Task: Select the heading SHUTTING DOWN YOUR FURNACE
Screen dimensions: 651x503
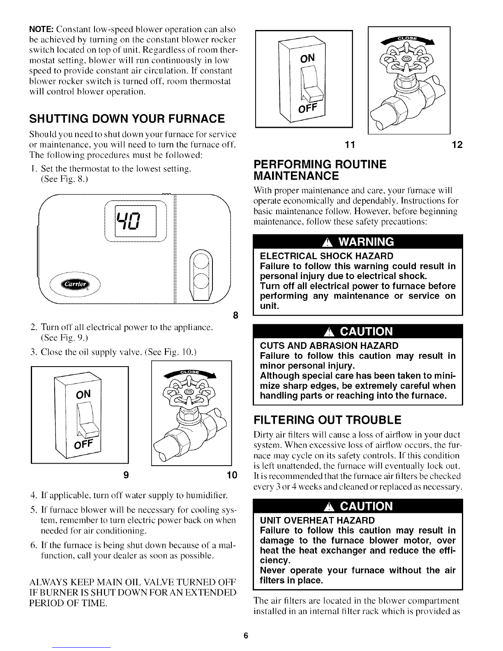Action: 126,119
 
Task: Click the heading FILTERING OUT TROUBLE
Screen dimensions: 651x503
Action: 328,420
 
